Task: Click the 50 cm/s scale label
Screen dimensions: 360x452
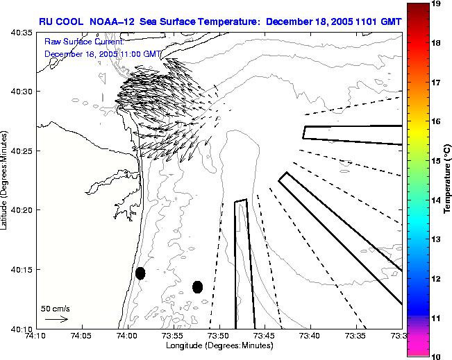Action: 55,308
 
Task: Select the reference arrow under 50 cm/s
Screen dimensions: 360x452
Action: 56,319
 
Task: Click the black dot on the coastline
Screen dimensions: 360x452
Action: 140,273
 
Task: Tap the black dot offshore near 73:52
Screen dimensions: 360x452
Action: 197,286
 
